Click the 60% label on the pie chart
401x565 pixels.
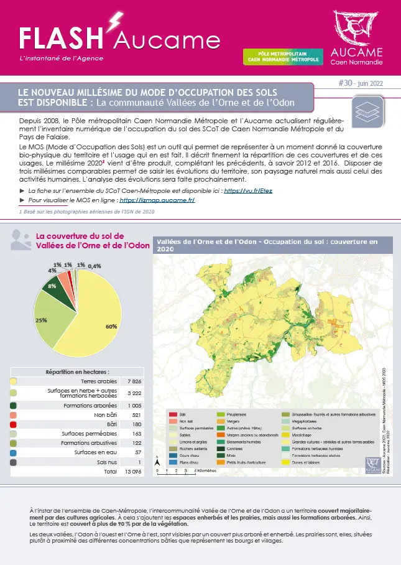click(x=111, y=326)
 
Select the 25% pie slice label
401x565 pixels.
click(x=42, y=320)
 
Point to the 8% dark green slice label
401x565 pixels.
click(x=52, y=286)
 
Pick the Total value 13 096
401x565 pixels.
click(x=134, y=472)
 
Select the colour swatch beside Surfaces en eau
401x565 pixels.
click(x=14, y=452)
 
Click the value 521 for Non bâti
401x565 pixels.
click(x=135, y=414)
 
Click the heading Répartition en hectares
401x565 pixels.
click(x=77, y=371)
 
